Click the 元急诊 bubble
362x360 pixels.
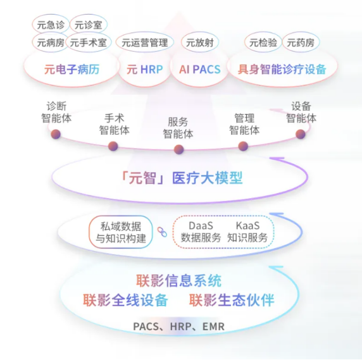(51, 25)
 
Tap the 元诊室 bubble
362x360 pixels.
(89, 25)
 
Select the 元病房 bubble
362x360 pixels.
(51, 42)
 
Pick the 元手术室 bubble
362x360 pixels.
(89, 42)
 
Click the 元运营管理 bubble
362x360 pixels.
(145, 42)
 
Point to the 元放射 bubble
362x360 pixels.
(200, 42)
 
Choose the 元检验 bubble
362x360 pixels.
(263, 42)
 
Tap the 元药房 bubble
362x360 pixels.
(301, 42)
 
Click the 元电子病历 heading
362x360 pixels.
(72, 69)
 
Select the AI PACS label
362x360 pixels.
(200, 69)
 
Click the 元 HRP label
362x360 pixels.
(145, 69)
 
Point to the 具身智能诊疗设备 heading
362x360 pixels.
(282, 69)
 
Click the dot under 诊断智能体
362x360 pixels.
(56, 134)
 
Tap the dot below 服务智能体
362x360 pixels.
(178, 149)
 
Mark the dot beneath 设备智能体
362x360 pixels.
(301, 134)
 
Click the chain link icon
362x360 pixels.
(162, 232)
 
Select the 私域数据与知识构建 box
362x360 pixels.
(121, 232)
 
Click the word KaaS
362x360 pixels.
(247, 226)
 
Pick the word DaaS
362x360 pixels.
(201, 226)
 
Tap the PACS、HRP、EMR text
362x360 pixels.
(179, 326)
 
